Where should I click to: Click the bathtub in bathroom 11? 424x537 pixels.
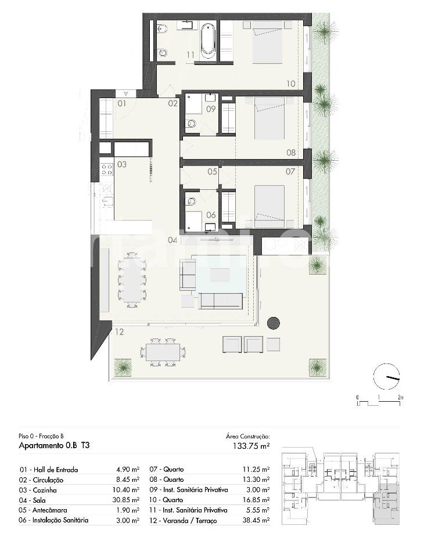coord(208,39)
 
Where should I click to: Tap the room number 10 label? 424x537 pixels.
coord(290,84)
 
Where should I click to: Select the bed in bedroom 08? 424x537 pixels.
coord(270,118)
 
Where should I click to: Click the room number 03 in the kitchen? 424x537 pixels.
coord(121,164)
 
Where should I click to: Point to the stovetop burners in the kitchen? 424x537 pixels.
coord(107,169)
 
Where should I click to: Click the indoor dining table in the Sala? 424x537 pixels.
coord(132,280)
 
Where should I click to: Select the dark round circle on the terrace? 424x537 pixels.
coord(273,323)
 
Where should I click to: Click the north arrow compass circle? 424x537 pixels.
coord(386,376)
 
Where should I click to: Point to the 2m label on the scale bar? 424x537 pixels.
coord(400,398)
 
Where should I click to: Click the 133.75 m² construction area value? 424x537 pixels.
coord(251,445)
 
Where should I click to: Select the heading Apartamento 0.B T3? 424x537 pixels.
coord(54,445)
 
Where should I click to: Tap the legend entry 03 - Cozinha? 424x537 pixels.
coord(38,490)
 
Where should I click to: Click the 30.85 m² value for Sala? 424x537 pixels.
coord(126,500)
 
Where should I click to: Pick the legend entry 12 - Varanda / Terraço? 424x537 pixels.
coord(184,521)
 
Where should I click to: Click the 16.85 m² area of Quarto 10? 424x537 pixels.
coord(256,500)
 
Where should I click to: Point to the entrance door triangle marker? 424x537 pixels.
coord(126,93)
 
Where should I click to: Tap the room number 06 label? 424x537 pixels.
coord(211,215)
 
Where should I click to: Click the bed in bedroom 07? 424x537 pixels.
coord(270,207)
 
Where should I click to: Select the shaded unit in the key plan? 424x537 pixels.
coord(386,503)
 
